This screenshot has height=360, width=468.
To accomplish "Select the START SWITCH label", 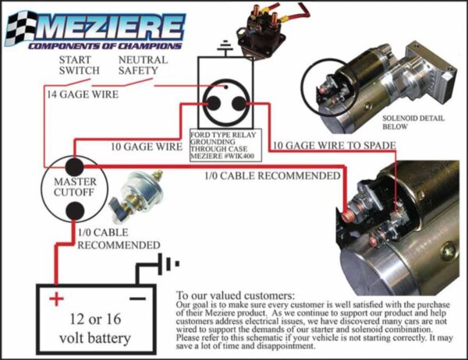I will (x=79, y=65).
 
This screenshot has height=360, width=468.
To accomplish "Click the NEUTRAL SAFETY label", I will (x=144, y=65).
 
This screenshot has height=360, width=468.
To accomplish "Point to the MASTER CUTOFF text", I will (x=75, y=187).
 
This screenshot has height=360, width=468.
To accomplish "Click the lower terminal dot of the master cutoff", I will (x=75, y=210).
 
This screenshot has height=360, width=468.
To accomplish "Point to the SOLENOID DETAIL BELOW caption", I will (x=417, y=121).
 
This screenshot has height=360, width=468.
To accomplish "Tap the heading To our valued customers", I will (x=236, y=296).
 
